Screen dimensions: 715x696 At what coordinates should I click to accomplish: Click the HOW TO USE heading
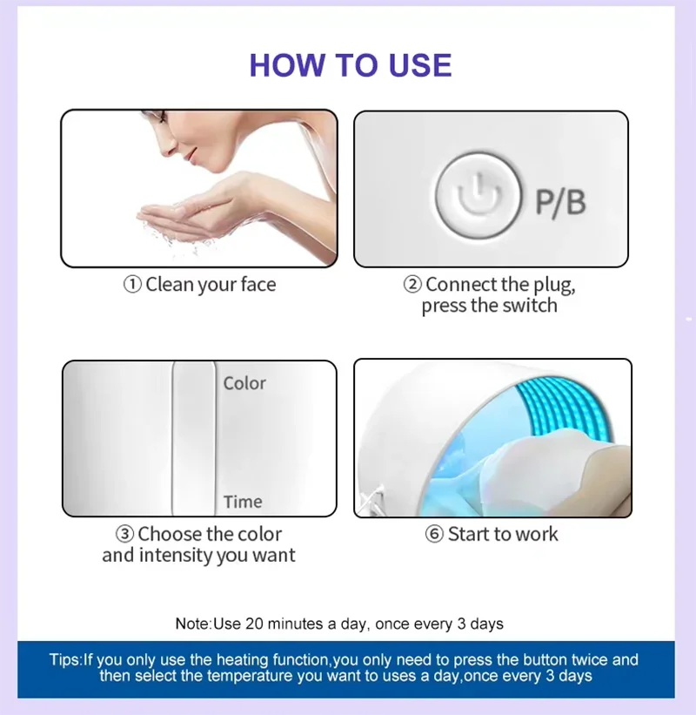(x=350, y=65)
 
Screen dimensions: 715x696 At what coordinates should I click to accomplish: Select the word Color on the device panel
(x=244, y=383)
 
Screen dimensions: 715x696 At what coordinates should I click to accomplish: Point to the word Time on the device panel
(x=243, y=502)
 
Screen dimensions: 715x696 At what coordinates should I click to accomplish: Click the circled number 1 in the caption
(x=132, y=285)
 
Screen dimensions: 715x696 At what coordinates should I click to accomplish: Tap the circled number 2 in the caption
(x=412, y=285)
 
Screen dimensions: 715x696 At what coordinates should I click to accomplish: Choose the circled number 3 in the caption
(x=125, y=534)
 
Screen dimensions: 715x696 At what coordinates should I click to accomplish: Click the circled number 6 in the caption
(x=434, y=534)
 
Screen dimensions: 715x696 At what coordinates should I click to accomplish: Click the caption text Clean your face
(x=211, y=285)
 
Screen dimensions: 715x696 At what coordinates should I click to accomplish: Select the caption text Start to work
(x=503, y=534)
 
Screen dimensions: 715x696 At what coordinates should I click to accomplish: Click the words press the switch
(x=489, y=307)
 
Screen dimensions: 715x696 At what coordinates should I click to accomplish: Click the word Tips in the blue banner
(x=64, y=659)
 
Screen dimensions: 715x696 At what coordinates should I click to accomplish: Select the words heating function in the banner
(x=275, y=659)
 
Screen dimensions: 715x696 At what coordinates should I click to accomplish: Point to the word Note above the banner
(x=192, y=624)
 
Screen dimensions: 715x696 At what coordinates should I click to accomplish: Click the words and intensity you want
(x=198, y=556)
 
